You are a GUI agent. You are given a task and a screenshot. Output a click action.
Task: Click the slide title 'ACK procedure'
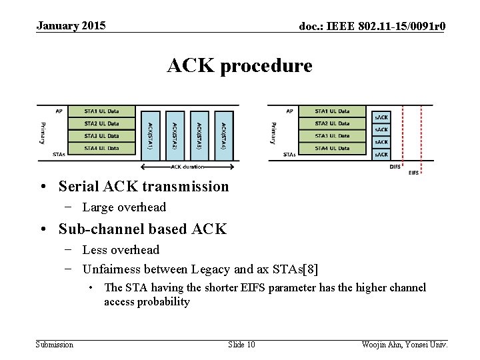click(x=239, y=66)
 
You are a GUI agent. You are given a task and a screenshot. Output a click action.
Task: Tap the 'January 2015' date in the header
click(x=71, y=26)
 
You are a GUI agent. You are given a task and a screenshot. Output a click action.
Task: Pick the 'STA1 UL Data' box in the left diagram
click(x=101, y=111)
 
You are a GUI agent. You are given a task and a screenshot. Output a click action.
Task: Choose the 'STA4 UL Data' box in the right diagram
click(x=332, y=148)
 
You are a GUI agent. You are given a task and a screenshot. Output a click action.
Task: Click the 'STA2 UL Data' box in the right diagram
click(x=332, y=123)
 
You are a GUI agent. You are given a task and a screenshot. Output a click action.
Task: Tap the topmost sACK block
click(x=381, y=117)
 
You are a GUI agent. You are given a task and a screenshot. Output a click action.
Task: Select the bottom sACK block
click(x=381, y=155)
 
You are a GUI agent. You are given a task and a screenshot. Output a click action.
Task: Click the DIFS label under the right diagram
click(x=395, y=167)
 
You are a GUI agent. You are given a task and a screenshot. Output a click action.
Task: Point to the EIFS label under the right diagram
click(x=414, y=173)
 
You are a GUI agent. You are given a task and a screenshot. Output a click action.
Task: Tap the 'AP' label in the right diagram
click(x=289, y=111)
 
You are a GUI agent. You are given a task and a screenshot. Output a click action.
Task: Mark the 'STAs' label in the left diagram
click(x=59, y=154)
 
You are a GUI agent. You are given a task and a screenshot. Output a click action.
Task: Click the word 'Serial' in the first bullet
click(x=77, y=187)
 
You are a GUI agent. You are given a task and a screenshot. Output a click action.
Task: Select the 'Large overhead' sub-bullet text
click(x=124, y=207)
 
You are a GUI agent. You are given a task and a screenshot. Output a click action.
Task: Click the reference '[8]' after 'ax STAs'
click(x=310, y=269)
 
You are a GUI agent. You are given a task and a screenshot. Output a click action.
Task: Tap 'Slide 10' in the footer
click(x=241, y=344)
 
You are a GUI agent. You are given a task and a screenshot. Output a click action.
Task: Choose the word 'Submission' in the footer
click(x=55, y=344)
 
